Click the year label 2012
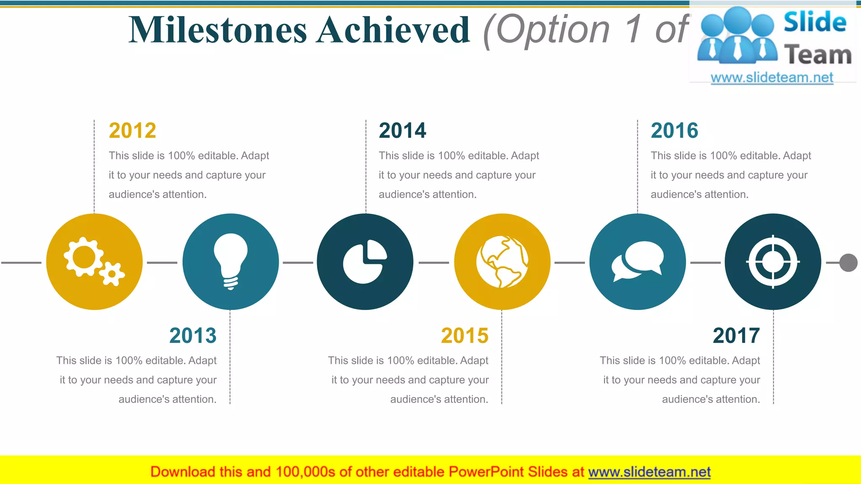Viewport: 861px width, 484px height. pyautogui.click(x=132, y=131)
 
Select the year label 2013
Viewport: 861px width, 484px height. pyautogui.click(x=193, y=336)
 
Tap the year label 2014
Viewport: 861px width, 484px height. pyautogui.click(x=402, y=131)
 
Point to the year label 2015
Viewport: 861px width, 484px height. pyautogui.click(x=465, y=336)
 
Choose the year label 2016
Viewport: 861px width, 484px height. pyautogui.click(x=674, y=131)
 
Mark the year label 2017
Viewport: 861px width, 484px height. pyautogui.click(x=736, y=336)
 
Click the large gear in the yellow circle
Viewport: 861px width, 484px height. pyautogui.click(x=84, y=257)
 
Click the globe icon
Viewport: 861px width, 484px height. pyautogui.click(x=502, y=262)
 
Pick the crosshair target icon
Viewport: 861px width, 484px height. pyautogui.click(x=773, y=262)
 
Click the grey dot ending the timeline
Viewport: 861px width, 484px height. pyautogui.click(x=848, y=263)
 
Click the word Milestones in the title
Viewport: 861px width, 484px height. pyautogui.click(x=218, y=30)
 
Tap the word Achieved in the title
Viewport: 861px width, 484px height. pyautogui.click(x=393, y=30)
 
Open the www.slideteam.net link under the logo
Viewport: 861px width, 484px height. pyautogui.click(x=772, y=78)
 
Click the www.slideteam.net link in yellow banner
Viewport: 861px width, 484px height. pyautogui.click(x=649, y=472)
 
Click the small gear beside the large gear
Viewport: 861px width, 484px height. pyautogui.click(x=112, y=274)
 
